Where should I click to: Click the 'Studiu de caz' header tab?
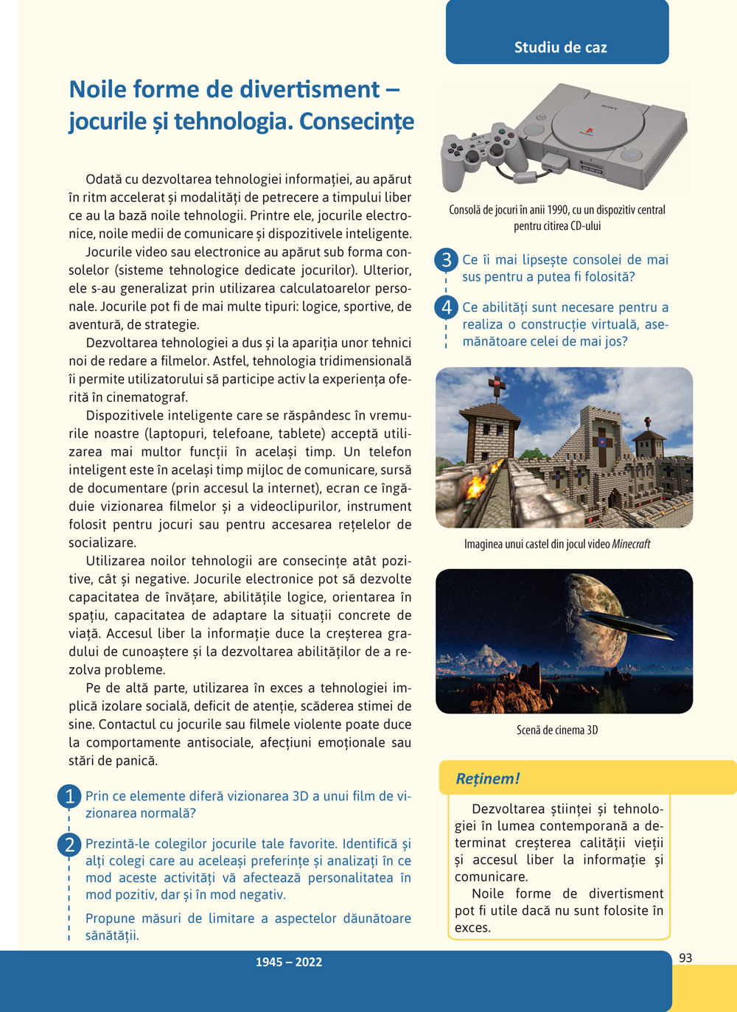click(x=560, y=47)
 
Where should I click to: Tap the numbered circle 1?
click(x=69, y=797)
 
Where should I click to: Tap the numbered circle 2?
click(x=69, y=845)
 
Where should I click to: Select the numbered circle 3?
click(x=446, y=260)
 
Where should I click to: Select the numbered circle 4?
click(x=446, y=307)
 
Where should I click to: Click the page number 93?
click(x=685, y=958)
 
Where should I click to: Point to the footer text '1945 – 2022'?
click(x=289, y=962)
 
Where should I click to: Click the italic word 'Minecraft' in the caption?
click(x=631, y=544)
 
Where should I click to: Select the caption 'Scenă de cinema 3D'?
click(x=557, y=730)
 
